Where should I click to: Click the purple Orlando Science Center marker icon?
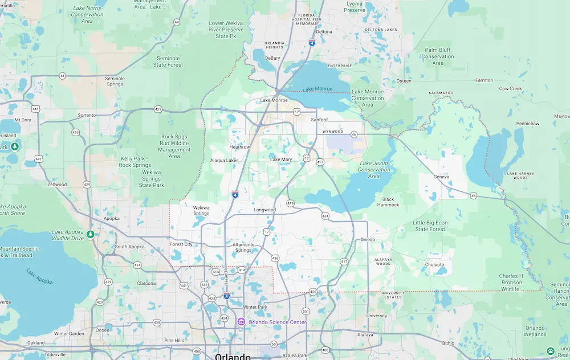pyautogui.click(x=242, y=322)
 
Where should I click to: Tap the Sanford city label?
pyautogui.click(x=319, y=120)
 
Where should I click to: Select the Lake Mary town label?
pyautogui.click(x=281, y=159)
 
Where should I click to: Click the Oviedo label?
pyautogui.click(x=368, y=240)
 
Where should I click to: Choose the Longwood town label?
pyautogui.click(x=264, y=210)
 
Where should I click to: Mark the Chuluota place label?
pyautogui.click(x=435, y=264)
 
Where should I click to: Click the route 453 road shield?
pyautogui.click(x=75, y=132)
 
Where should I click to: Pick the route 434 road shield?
pyautogui.click(x=325, y=216)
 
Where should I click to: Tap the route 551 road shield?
pyautogui.click(x=306, y=311)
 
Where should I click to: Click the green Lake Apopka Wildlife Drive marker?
pyautogui.click(x=90, y=234)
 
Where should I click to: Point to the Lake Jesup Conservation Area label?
pyautogui.click(x=374, y=170)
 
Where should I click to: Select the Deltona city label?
pyautogui.click(x=324, y=32)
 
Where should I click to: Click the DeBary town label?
pyautogui.click(x=273, y=58)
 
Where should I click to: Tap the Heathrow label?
pyautogui.click(x=239, y=147)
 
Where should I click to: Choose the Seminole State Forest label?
pyautogui.click(x=168, y=62)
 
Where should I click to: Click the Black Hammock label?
pyautogui.click(x=388, y=202)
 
